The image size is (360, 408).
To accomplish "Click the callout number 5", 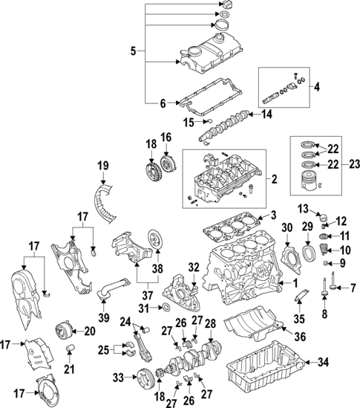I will [x=133, y=51].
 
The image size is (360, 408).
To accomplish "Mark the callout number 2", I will [x=274, y=179].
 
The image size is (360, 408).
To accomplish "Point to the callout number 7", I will [x=353, y=288].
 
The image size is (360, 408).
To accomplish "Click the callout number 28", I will [x=210, y=323].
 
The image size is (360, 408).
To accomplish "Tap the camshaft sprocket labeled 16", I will [x=166, y=163].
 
